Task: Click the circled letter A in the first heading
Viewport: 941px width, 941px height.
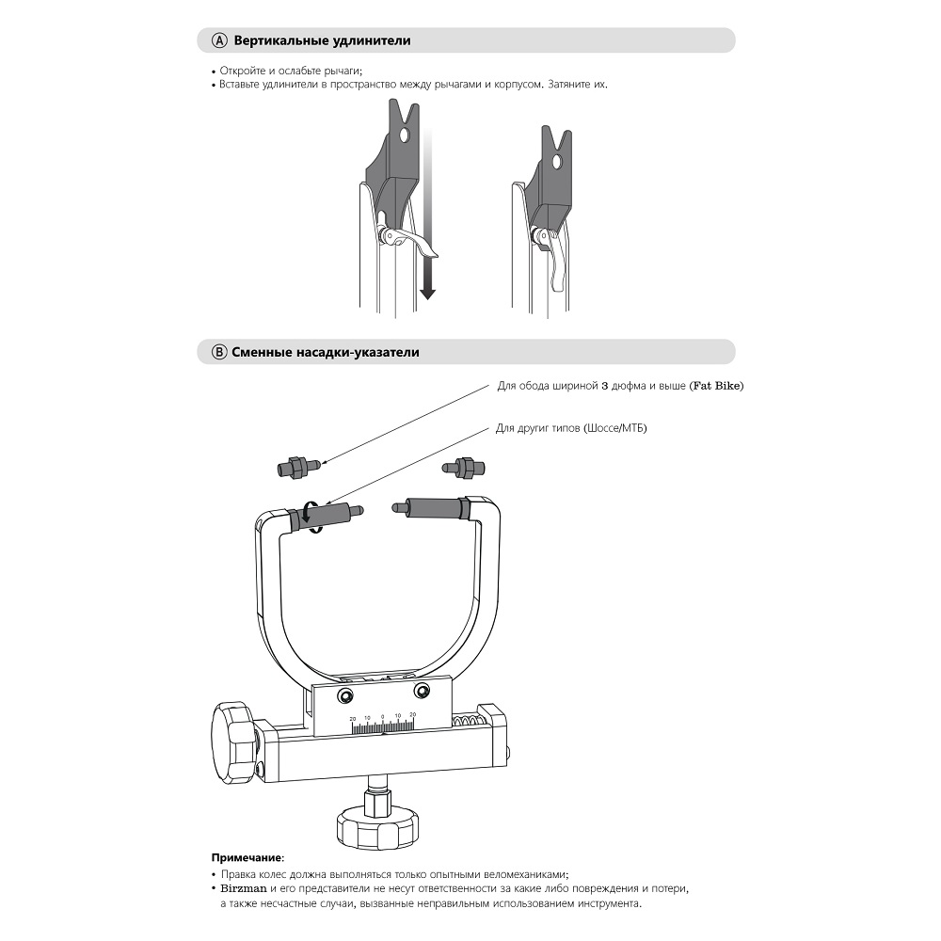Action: click(219, 41)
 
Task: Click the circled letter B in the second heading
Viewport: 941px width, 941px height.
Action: click(219, 352)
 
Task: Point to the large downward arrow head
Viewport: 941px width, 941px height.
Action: click(427, 293)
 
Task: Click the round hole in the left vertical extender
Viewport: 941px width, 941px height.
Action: click(404, 136)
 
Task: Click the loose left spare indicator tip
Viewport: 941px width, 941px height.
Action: click(298, 465)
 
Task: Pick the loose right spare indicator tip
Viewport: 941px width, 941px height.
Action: click(462, 465)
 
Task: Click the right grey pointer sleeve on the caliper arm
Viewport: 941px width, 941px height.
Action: click(434, 507)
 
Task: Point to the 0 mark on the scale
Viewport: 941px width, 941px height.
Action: click(383, 716)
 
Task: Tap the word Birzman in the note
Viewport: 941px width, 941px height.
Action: click(244, 888)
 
